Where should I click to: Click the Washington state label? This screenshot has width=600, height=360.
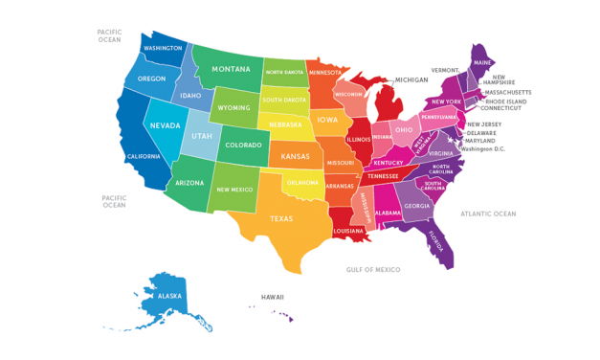coord(163,49)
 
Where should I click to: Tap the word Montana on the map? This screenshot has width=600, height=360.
coord(232,69)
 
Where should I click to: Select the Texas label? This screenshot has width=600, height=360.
coord(281,218)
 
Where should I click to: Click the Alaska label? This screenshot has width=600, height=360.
coord(156,296)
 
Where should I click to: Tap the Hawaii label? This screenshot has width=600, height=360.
coord(273,297)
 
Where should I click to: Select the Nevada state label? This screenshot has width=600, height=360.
coord(167,124)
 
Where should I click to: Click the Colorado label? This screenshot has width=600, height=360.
coord(242,146)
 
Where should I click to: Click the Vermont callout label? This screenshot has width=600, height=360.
coord(445,70)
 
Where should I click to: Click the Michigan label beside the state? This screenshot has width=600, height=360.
coord(412,80)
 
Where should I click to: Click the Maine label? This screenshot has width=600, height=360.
coord(483,63)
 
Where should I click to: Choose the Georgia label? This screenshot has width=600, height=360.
coord(416,206)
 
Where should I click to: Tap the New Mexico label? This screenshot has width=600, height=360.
coord(234,190)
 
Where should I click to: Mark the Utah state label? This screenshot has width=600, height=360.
coord(202,136)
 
